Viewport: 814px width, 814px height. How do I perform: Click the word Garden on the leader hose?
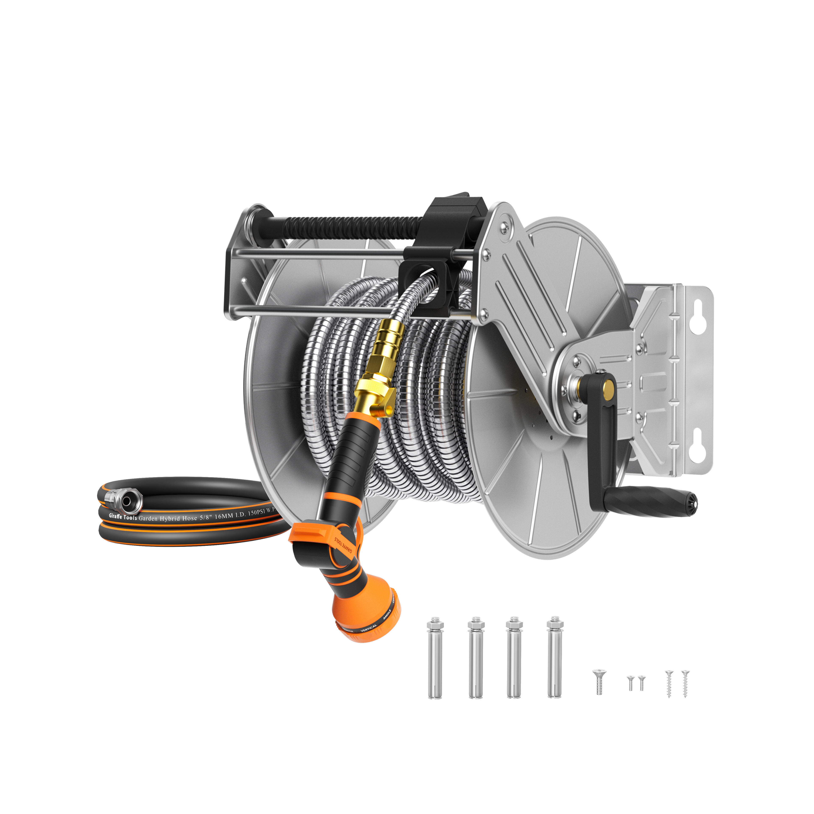tap(148, 518)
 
